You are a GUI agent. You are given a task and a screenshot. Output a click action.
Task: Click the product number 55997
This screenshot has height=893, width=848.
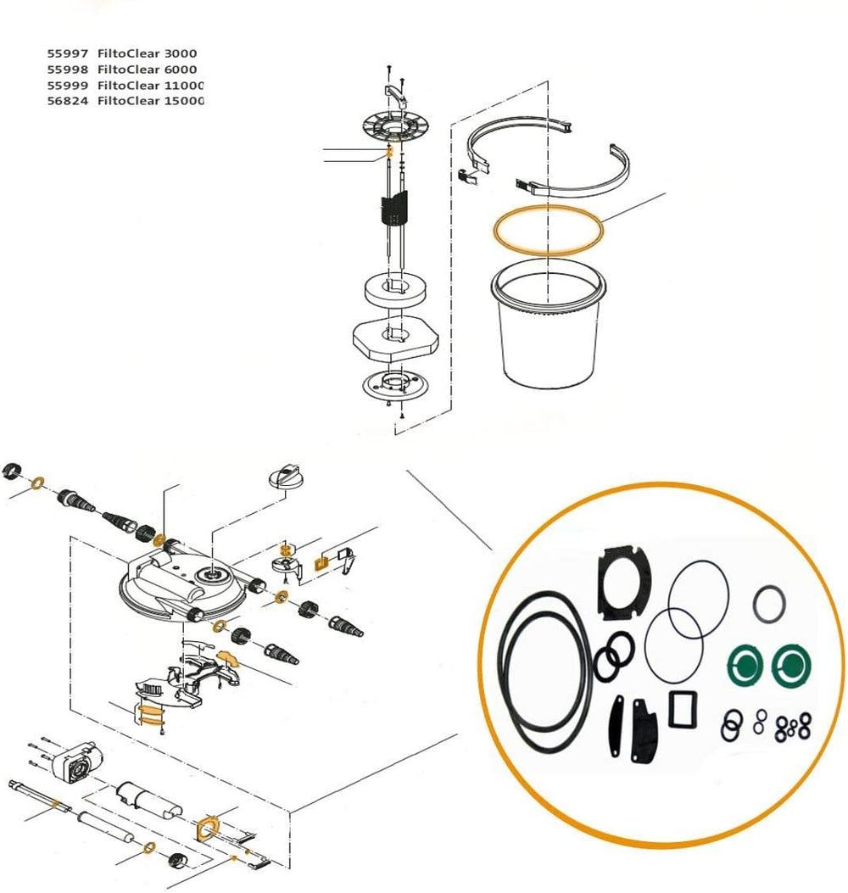pos(67,53)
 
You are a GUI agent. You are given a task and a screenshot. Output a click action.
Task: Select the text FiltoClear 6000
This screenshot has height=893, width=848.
pos(147,70)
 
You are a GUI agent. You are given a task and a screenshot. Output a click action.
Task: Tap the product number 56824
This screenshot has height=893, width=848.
pos(67,101)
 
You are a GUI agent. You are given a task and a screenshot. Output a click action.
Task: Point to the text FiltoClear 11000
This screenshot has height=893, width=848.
pos(150,86)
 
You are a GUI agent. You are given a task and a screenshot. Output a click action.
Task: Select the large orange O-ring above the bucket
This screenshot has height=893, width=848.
pos(547,230)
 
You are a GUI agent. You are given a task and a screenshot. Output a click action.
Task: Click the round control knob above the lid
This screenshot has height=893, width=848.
pos(285,476)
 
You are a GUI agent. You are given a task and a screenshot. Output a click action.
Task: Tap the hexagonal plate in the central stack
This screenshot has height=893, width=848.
pos(395,339)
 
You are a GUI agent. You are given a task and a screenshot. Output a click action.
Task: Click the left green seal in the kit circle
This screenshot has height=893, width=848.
pos(745,663)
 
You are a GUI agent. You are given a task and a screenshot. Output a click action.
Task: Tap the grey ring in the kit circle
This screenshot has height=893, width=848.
pos(770,603)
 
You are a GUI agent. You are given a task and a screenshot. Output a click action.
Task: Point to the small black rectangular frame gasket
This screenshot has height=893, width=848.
pos(683,710)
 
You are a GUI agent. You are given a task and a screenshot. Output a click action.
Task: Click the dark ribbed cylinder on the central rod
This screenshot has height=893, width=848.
pos(394,208)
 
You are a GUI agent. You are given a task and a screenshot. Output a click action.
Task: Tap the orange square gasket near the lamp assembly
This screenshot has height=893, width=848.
pos(208,828)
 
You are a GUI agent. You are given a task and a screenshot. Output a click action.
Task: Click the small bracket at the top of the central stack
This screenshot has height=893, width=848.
pos(397,94)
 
